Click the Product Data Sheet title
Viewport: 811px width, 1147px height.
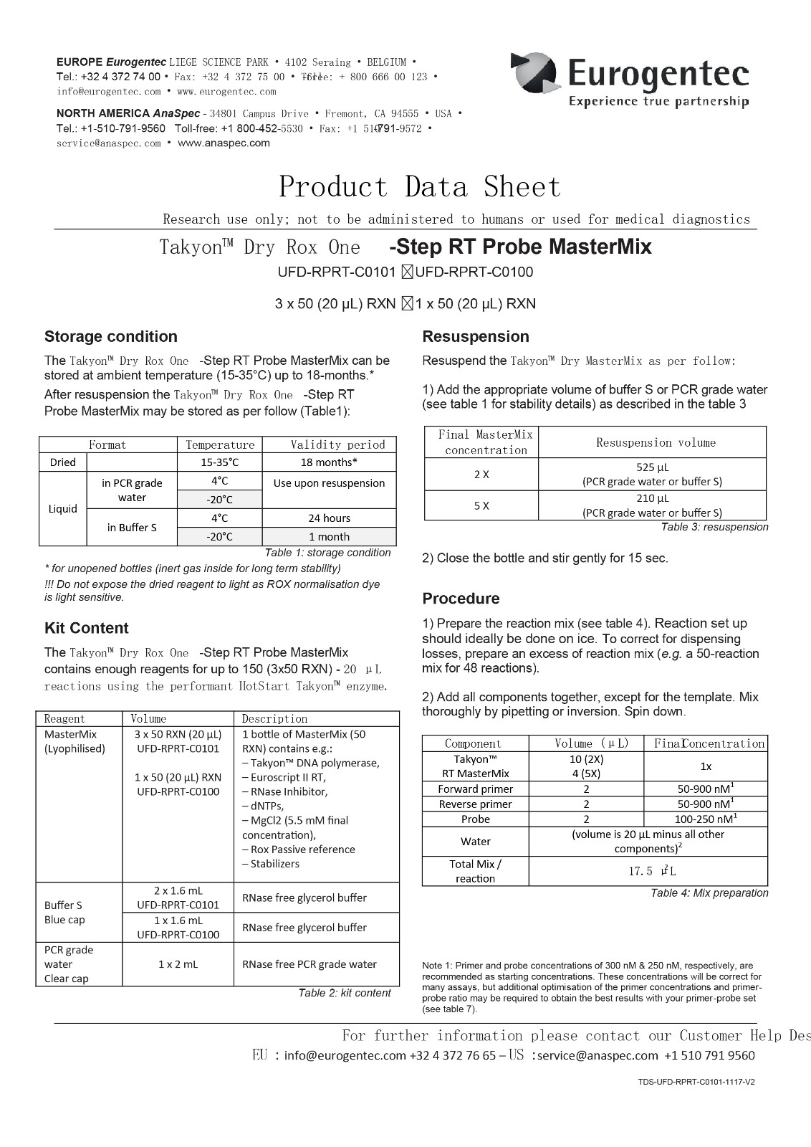pyautogui.click(x=420, y=187)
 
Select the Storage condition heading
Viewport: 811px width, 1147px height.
pyautogui.click(x=110, y=337)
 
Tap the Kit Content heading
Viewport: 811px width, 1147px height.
pyautogui.click(x=86, y=628)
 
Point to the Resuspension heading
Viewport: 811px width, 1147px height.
pyautogui.click(x=475, y=337)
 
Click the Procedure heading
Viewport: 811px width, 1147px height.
pyautogui.click(x=461, y=599)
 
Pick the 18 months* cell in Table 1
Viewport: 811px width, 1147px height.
pyautogui.click(x=329, y=462)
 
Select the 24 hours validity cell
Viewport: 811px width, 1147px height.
pyautogui.click(x=329, y=518)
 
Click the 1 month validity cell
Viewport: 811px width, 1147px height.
pyautogui.click(x=329, y=537)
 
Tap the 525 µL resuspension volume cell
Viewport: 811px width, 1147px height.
pyautogui.click(x=652, y=474)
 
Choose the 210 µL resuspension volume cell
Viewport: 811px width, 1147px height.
pyautogui.click(x=652, y=505)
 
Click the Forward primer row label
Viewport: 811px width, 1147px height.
pyautogui.click(x=476, y=789)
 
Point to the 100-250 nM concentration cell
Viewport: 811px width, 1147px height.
pyautogui.click(x=705, y=819)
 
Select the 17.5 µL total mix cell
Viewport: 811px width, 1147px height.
pyautogui.click(x=647, y=871)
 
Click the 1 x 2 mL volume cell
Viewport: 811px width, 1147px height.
pyautogui.click(x=178, y=964)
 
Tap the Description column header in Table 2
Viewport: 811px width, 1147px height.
pyautogui.click(x=274, y=719)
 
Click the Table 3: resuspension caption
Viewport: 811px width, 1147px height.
pyautogui.click(x=714, y=527)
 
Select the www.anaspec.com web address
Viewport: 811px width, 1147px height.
pyautogui.click(x=224, y=143)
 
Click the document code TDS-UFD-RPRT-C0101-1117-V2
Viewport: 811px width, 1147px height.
pyautogui.click(x=696, y=1082)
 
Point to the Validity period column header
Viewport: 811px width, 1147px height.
pyautogui.click(x=337, y=444)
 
